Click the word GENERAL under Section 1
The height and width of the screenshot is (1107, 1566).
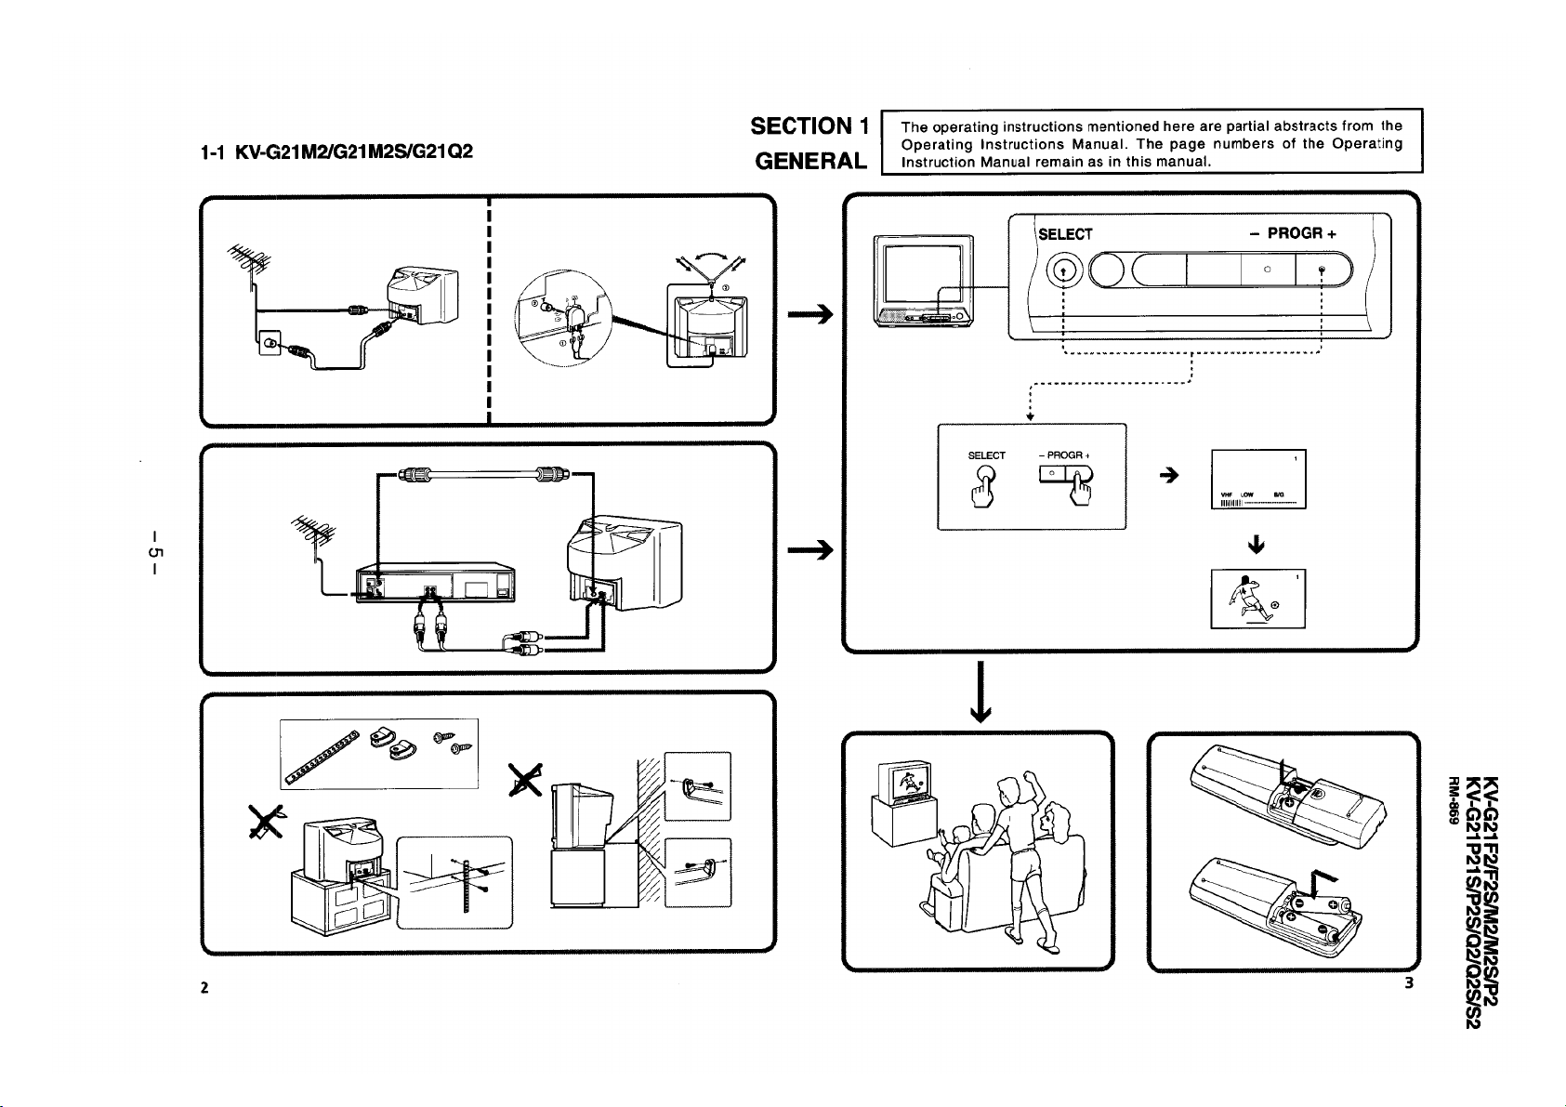(810, 161)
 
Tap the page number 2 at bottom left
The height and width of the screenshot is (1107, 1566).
(204, 986)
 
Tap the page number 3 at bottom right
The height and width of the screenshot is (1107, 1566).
(1409, 983)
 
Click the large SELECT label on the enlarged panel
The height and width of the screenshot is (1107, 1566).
(1065, 234)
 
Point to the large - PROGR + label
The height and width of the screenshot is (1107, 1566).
(1292, 233)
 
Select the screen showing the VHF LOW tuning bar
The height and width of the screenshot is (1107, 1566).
(1258, 480)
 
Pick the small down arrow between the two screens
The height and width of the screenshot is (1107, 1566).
(1257, 544)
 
